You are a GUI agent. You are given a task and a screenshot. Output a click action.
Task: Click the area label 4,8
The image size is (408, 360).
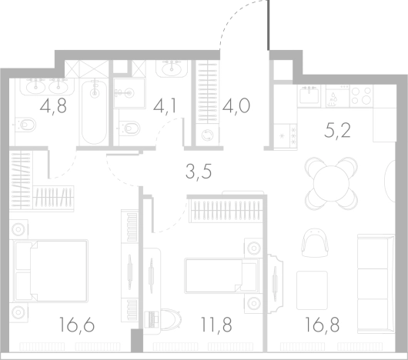(53, 106)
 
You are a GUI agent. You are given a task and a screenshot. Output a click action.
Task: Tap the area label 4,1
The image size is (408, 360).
(165, 106)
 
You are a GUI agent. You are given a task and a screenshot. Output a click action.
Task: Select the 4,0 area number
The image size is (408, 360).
(236, 106)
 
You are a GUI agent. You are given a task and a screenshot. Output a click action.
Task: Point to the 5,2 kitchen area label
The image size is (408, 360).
(337, 131)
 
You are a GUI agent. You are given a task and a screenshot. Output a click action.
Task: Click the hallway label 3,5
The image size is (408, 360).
(199, 172)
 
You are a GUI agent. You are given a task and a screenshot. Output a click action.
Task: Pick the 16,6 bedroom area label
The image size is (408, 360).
(77, 325)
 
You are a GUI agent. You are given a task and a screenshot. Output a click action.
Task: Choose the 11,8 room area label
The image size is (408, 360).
(216, 325)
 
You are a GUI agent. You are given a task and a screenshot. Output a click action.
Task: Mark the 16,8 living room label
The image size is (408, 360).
(322, 325)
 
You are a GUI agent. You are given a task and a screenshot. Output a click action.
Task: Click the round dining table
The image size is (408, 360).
(331, 184)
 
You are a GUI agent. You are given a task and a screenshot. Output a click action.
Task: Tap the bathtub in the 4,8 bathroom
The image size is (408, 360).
(94, 112)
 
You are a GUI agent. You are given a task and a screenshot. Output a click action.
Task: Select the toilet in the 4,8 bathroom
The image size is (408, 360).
(25, 125)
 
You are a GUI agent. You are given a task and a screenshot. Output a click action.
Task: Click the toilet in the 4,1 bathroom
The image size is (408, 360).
(129, 128)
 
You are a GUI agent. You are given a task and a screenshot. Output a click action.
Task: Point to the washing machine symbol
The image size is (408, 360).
(207, 135)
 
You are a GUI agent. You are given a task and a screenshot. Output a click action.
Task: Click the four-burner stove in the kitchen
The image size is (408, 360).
(361, 95)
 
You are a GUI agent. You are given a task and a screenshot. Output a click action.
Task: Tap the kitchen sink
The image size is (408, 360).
(309, 95)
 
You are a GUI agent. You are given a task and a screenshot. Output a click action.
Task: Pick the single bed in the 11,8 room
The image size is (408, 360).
(222, 276)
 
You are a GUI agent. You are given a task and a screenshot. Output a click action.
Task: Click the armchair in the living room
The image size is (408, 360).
(315, 243)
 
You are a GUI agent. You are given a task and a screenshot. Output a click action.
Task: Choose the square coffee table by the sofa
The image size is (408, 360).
(312, 290)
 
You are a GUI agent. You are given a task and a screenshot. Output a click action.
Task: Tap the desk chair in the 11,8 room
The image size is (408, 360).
(171, 319)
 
